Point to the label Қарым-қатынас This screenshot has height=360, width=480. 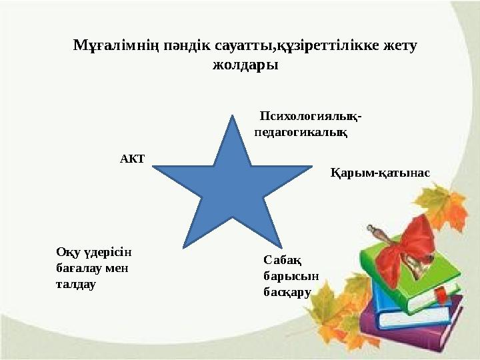coord(380,172)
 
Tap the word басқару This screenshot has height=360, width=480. coord(287,291)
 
